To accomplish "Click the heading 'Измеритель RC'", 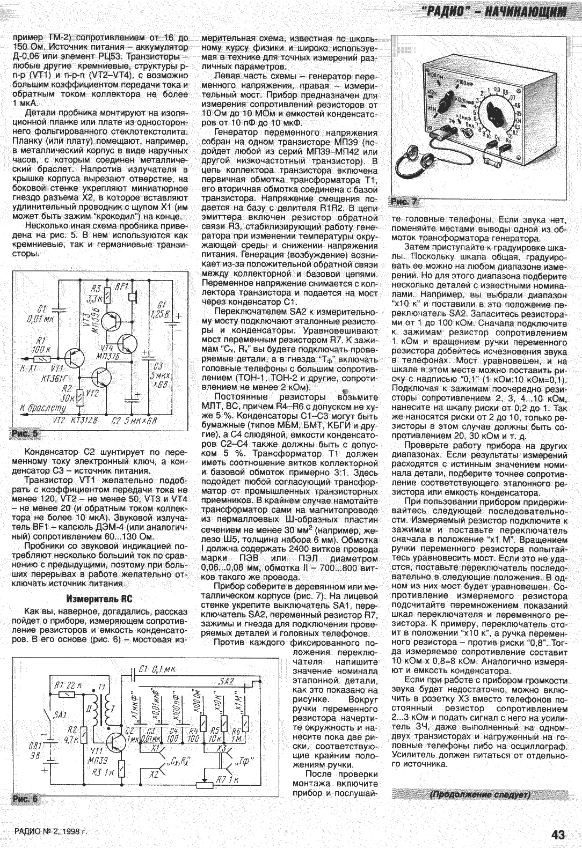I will pyautogui.click(x=99, y=599).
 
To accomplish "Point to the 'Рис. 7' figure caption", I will pyautogui.click(x=405, y=202).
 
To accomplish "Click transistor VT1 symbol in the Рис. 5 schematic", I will pyautogui.click(x=71, y=358).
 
